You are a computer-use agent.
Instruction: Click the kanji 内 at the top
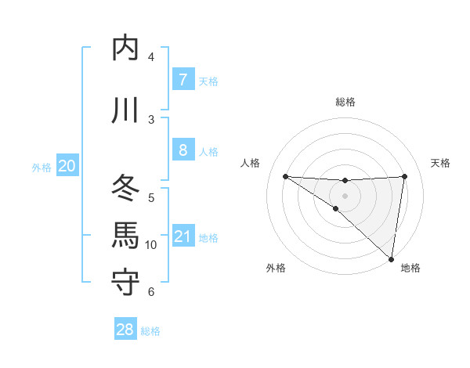(126, 49)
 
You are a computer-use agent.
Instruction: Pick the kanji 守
(126, 283)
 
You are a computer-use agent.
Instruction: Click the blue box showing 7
(183, 80)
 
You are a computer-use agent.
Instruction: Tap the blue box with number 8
(183, 150)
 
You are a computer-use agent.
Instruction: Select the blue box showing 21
(183, 236)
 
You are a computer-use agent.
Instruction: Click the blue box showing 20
(67, 166)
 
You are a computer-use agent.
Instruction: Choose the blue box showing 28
(125, 330)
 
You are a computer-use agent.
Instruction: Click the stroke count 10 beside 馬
(151, 245)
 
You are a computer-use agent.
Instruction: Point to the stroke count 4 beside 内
(151, 57)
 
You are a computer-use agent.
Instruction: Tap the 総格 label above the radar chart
(345, 102)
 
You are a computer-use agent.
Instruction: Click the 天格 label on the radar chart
(440, 163)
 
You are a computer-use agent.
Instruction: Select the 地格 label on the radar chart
(410, 268)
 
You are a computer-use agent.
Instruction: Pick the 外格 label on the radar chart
(276, 268)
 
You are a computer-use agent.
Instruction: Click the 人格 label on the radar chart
(250, 163)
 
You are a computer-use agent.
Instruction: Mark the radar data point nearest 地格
(391, 258)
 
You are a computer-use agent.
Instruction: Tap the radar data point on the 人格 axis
(285, 175)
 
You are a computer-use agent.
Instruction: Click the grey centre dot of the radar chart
(345, 194)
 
